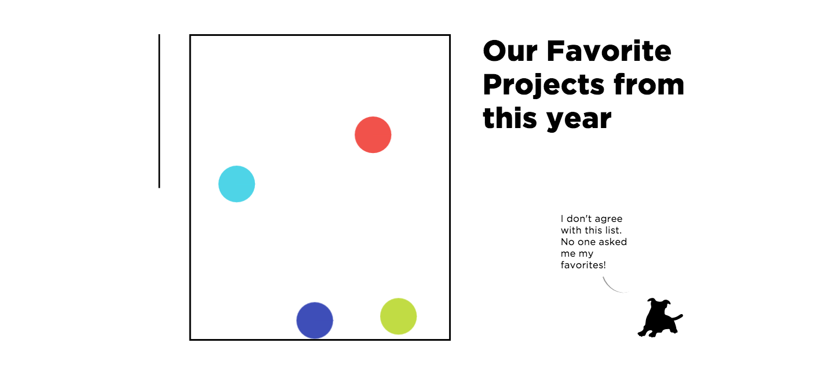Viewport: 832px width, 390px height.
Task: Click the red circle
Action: tap(373, 135)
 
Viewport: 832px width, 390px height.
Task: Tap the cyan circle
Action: tap(236, 184)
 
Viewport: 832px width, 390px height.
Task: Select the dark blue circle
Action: tap(315, 320)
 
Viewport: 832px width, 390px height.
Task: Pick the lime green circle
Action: tap(399, 316)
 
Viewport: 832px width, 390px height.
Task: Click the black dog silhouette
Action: tap(658, 319)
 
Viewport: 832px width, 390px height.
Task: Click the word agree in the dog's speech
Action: tap(608, 219)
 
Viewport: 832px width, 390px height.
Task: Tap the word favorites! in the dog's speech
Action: tap(583, 265)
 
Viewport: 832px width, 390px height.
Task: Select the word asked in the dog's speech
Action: tap(613, 242)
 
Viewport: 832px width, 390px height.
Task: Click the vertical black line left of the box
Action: tap(159, 111)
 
